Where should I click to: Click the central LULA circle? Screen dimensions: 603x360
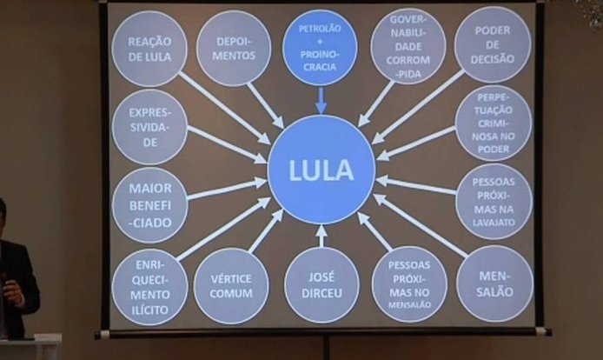(321, 170)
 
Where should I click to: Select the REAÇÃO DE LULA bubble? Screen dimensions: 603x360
(149, 49)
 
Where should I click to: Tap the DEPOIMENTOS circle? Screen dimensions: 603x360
(234, 49)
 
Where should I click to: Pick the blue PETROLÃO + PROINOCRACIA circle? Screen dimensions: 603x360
(320, 48)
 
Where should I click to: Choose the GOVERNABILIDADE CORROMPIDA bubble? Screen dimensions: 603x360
(408, 46)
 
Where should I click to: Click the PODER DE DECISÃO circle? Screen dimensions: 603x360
(493, 44)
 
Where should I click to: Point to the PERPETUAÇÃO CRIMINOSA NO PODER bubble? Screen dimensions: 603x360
(493, 123)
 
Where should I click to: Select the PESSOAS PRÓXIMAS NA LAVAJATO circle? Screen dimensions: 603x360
(494, 202)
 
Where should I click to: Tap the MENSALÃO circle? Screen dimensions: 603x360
(494, 283)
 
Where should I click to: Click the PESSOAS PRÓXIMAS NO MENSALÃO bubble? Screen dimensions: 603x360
(409, 284)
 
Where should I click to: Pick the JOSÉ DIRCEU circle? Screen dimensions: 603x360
(321, 285)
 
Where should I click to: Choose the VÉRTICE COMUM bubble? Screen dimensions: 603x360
(231, 286)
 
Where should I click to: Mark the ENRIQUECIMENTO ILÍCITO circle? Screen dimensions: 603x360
(149, 287)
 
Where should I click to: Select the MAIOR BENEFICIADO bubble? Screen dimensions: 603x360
(149, 205)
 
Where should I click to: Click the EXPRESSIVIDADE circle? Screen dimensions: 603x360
(149, 127)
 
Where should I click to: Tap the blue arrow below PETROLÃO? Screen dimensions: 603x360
(321, 101)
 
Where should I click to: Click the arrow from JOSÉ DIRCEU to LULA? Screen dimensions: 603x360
(321, 236)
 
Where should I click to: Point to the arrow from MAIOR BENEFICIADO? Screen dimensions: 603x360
(228, 189)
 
